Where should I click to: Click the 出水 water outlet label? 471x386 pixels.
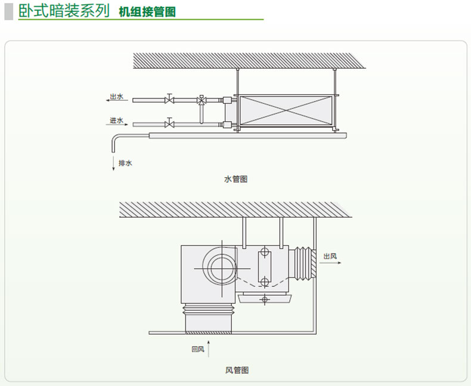tap(116, 96)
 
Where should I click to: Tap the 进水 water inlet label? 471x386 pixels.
tap(116, 121)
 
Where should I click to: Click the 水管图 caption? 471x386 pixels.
tap(235, 179)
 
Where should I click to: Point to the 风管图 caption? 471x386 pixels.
tap(237, 370)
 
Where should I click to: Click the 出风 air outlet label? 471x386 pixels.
tap(330, 256)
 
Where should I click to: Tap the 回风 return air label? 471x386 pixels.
tap(197, 350)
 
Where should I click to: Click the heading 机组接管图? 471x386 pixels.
tap(147, 12)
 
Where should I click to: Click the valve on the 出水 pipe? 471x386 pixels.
tap(170, 99)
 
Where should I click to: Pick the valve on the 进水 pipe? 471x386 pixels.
tap(170, 124)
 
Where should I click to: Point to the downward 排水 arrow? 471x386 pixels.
tap(113, 163)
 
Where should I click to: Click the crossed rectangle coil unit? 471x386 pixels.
tap(283, 111)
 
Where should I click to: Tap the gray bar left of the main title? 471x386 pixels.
tap(8, 11)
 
